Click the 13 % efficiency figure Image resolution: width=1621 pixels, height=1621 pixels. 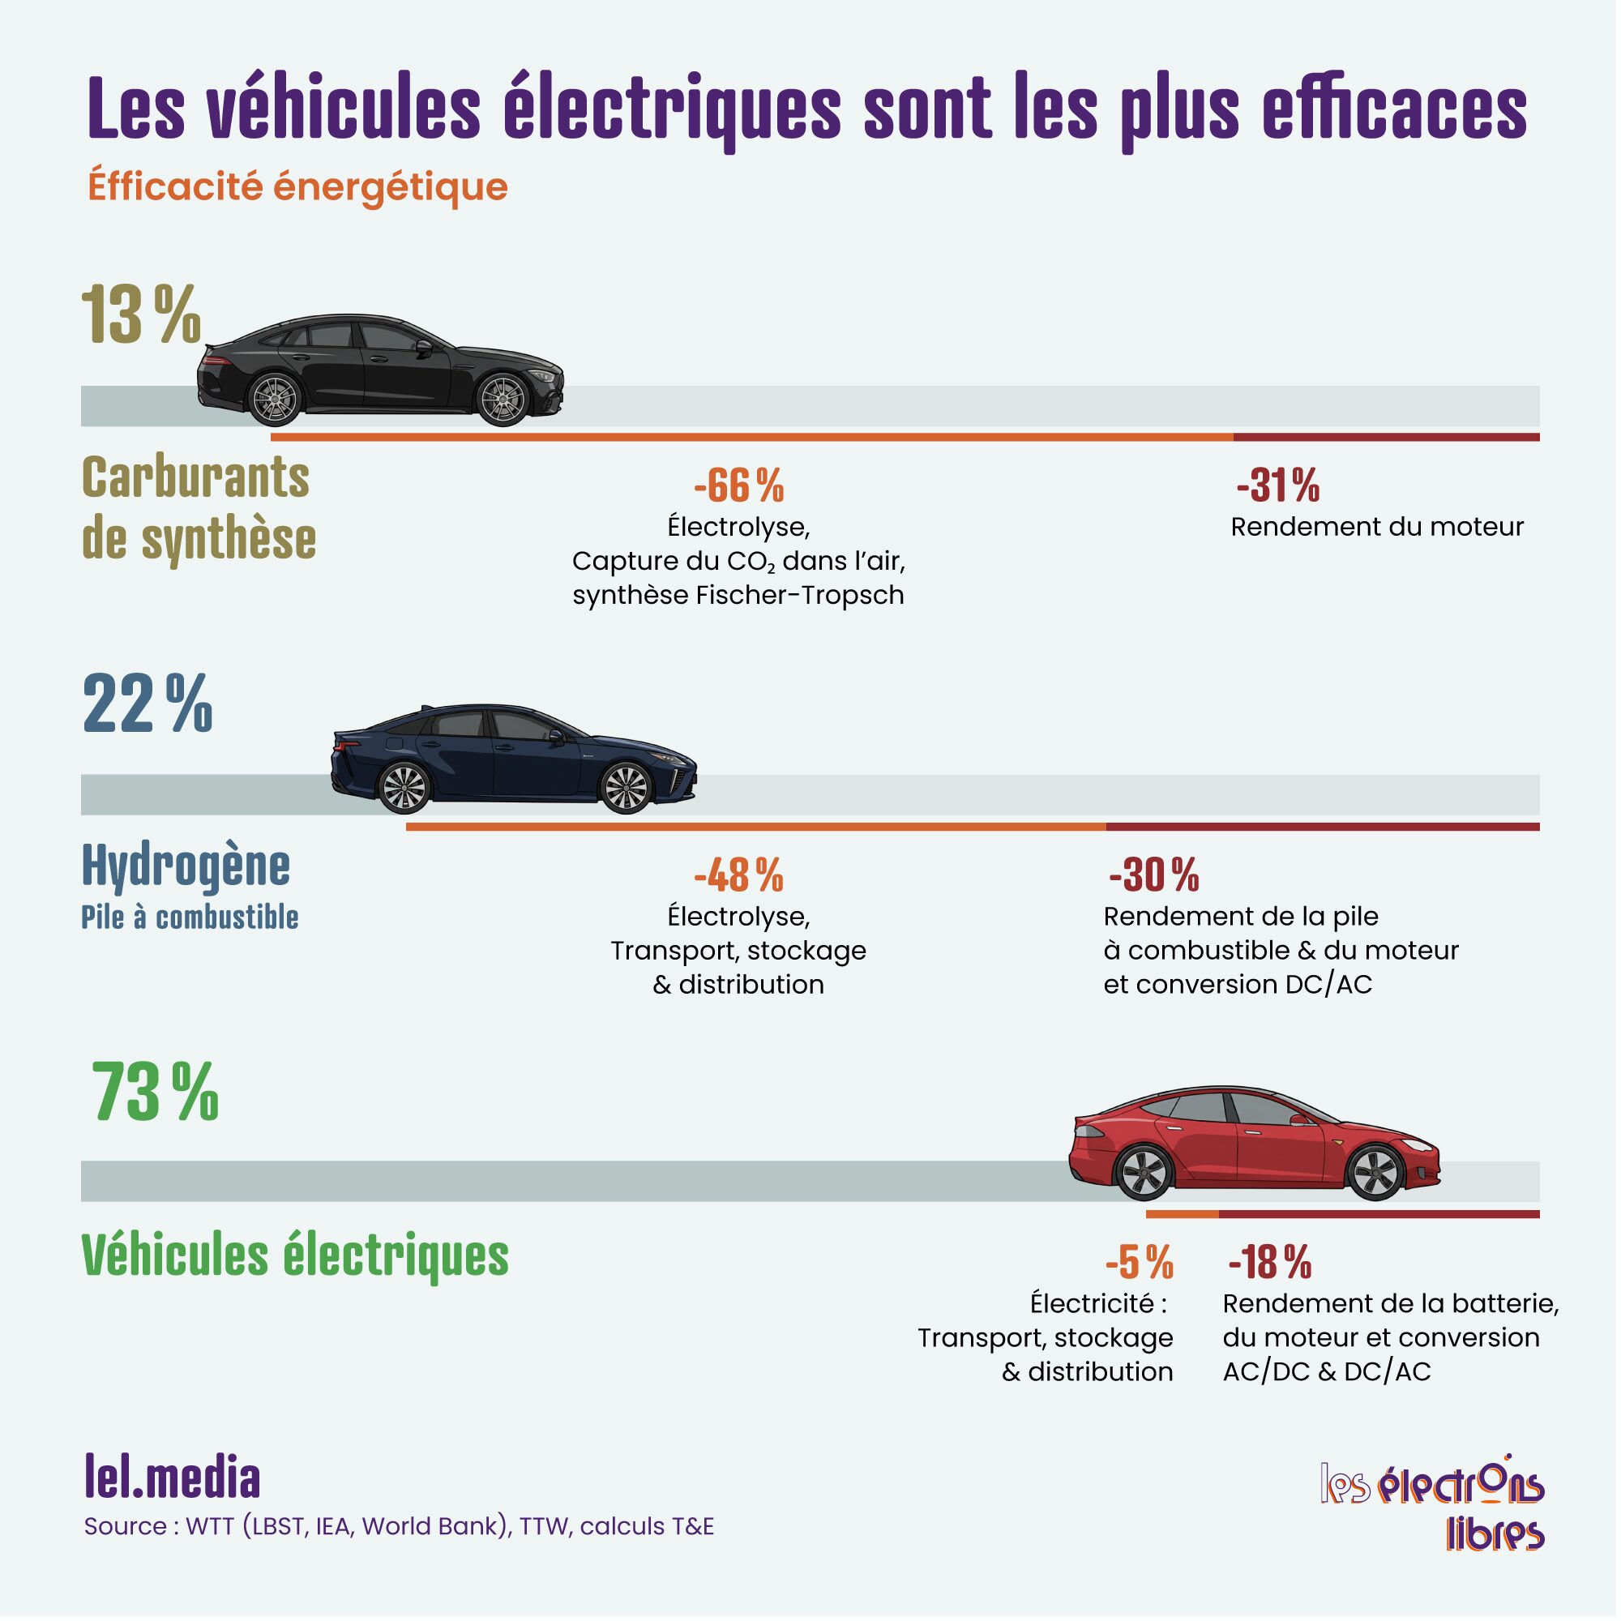tap(141, 315)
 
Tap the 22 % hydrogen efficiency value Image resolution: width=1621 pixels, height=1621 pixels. tap(148, 705)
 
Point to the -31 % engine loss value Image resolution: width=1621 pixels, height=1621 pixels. tap(1277, 485)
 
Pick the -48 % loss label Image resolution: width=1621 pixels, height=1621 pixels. tap(738, 875)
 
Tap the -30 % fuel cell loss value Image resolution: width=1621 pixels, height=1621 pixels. tap(1153, 875)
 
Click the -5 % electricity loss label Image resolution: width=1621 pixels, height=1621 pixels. tap(1139, 1261)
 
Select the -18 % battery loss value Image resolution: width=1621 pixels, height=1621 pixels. tap(1269, 1261)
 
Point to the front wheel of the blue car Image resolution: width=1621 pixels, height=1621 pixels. tap(626, 788)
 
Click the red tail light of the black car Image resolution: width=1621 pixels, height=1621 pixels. tap(215, 361)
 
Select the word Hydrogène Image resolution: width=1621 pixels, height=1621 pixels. tap(186, 866)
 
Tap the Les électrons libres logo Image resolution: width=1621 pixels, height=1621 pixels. tap(1433, 1504)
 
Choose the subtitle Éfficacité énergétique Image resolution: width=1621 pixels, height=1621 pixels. tap(297, 186)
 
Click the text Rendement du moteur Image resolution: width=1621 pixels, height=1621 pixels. tap(1377, 527)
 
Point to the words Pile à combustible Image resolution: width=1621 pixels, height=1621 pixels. tap(190, 917)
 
